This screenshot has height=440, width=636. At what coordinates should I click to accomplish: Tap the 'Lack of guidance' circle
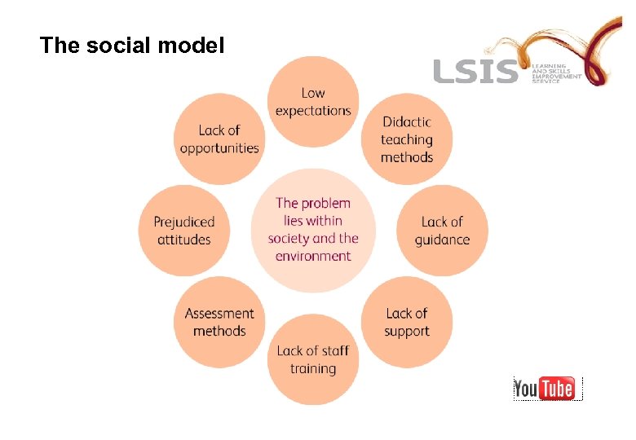[x=442, y=231]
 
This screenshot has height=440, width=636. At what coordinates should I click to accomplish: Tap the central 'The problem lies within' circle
[x=313, y=230]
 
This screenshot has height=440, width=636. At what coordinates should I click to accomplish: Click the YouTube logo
[x=548, y=388]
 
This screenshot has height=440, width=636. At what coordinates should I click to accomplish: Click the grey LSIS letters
[x=475, y=71]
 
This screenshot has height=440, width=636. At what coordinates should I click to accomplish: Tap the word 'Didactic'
[x=407, y=122]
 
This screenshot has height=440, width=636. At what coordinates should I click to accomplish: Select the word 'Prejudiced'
[x=183, y=222]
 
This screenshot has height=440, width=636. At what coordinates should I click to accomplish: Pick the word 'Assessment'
[x=219, y=314]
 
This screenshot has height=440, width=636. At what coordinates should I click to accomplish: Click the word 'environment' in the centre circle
[x=313, y=256]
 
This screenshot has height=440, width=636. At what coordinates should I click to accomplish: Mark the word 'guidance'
[x=442, y=240]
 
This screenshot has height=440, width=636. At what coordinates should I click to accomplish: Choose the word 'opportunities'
[x=219, y=148]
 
